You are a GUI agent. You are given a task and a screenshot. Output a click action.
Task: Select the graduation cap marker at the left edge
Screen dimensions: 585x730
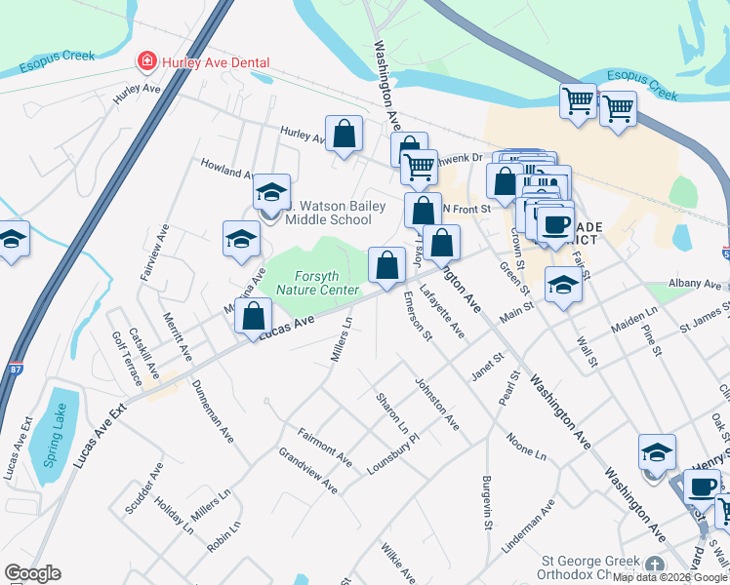(x=13, y=239)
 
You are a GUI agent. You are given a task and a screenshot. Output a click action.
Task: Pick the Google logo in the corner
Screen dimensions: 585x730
(x=32, y=573)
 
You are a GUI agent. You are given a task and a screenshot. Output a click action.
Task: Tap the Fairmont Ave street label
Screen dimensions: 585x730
(x=325, y=446)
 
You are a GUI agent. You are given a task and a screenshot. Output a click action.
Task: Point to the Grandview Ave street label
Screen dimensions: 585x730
(x=308, y=471)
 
